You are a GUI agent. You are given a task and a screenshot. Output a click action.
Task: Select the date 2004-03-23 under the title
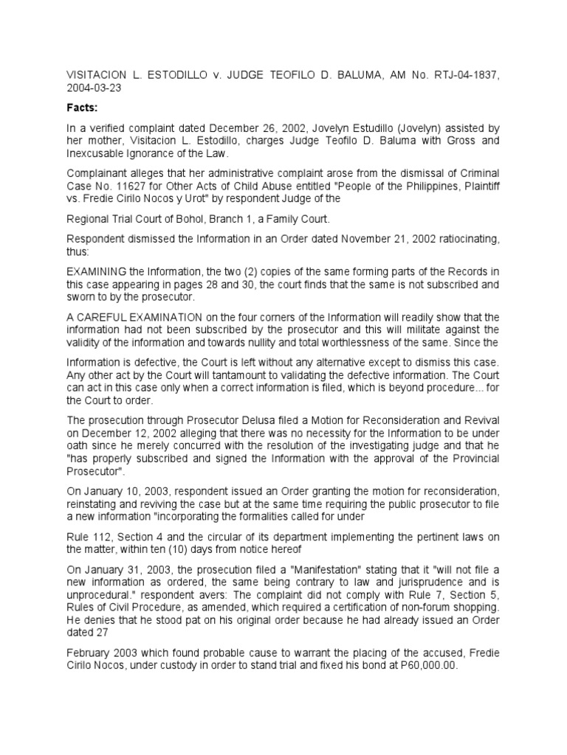94,86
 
